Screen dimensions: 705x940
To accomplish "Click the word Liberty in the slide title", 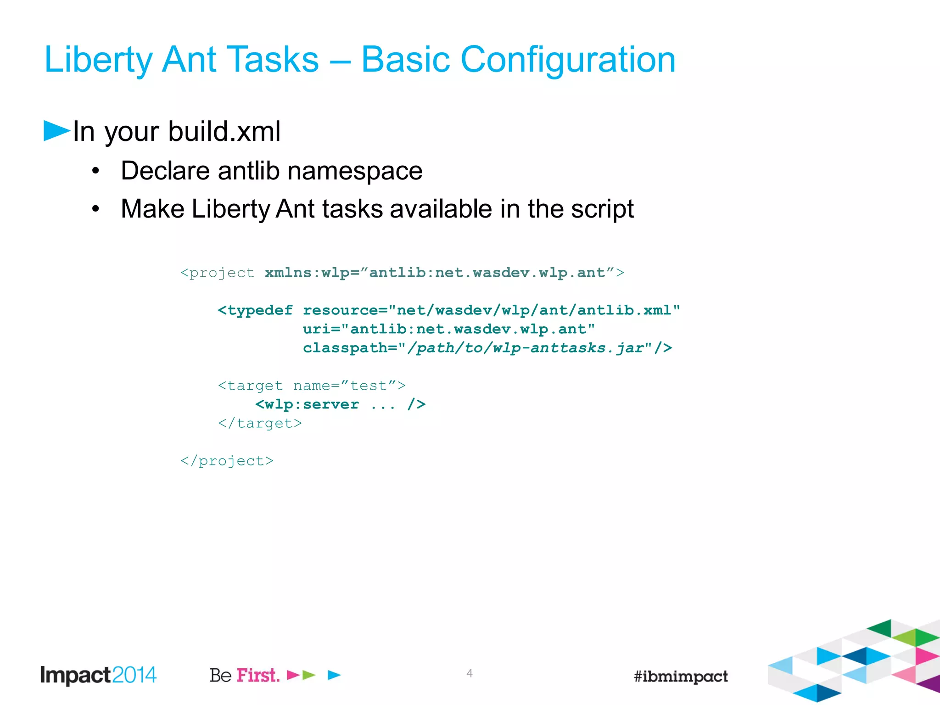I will (98, 60).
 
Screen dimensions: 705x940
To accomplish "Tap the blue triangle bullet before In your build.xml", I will (56, 131).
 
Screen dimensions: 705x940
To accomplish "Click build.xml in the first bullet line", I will (224, 132).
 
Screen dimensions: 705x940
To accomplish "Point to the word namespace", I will (355, 172).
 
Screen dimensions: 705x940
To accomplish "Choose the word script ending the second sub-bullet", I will (602, 209).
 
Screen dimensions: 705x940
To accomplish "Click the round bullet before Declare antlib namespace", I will (95, 172).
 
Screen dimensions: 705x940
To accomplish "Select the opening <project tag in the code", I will (217, 273).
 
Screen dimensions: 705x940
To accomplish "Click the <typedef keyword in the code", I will (255, 311).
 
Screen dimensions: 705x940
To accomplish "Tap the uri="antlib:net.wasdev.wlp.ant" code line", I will (448, 330).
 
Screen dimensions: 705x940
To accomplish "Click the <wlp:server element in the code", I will (307, 405).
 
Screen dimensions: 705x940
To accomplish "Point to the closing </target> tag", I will (260, 424).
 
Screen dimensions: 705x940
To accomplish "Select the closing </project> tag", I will (227, 461).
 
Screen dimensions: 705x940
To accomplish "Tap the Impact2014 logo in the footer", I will (98, 675).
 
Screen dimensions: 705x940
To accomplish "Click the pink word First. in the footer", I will (258, 676).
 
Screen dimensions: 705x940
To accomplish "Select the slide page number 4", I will (469, 673).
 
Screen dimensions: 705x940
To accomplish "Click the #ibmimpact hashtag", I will (680, 676).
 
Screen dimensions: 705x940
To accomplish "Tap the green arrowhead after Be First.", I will (309, 675).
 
